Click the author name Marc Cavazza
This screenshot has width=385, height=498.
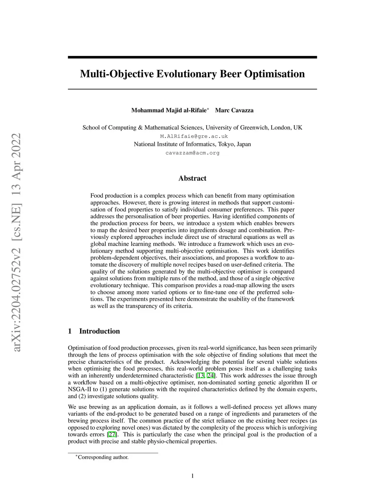tap(234, 110)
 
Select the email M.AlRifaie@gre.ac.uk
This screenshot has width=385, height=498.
tap(194, 136)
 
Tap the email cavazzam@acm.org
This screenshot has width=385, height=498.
tap(192, 153)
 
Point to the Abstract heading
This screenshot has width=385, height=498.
tap(192, 178)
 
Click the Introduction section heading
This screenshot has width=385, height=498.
tap(99, 331)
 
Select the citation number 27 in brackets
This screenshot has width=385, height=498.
tap(112, 434)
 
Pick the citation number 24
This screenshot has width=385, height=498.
tap(211, 375)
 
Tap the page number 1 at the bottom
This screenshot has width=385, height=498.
tap(192, 476)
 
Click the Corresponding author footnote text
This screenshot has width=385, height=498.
tap(103, 457)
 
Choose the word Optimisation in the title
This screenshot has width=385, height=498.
tap(274, 74)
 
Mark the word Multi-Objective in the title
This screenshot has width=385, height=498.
tap(117, 74)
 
